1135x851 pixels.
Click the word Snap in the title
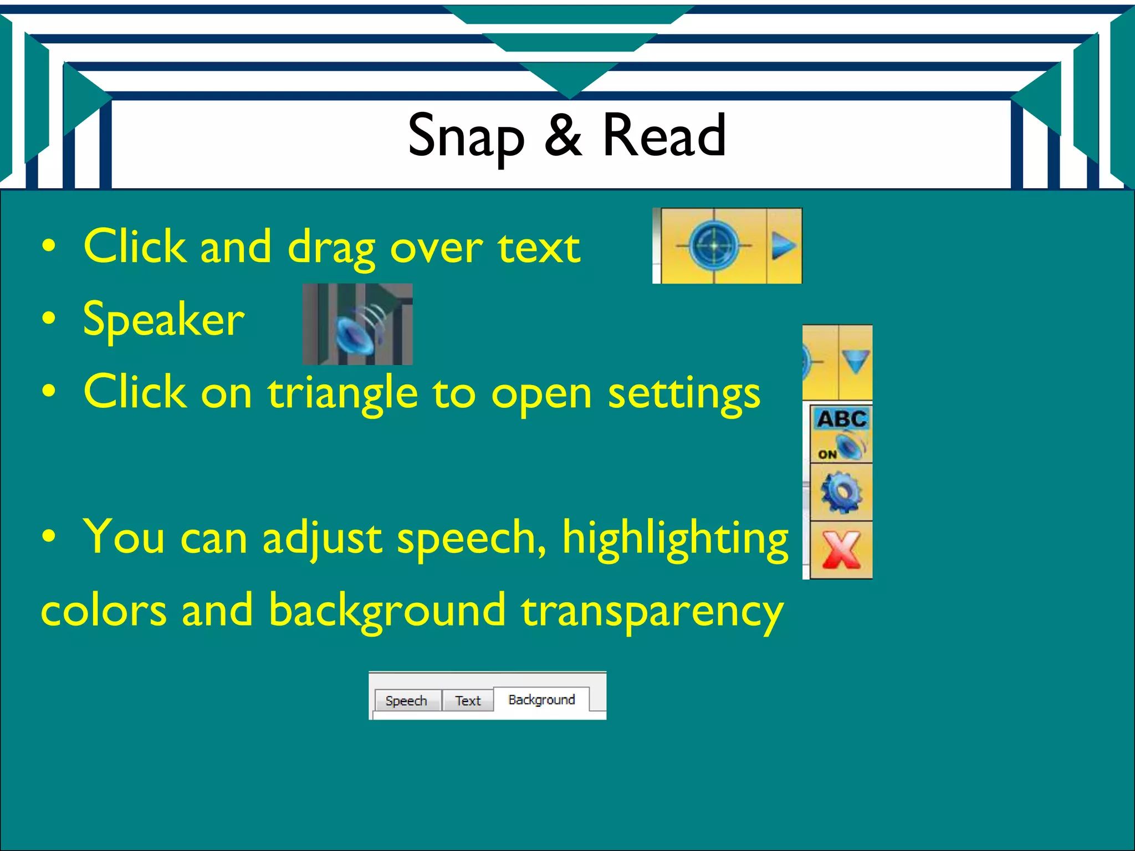tap(466, 136)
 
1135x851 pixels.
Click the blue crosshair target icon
tap(714, 245)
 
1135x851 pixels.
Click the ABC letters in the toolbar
tap(842, 419)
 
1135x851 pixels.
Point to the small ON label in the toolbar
tap(827, 454)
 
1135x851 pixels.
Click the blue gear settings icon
tap(841, 491)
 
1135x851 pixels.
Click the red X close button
tap(841, 550)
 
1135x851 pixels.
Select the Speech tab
tap(406, 701)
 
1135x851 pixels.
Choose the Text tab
tap(468, 701)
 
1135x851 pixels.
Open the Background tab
tap(541, 700)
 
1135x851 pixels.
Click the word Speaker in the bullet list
tap(163, 320)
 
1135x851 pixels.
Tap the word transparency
tap(652, 611)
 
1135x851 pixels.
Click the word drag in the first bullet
tap(331, 248)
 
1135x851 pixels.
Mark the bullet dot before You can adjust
tap(49, 536)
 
